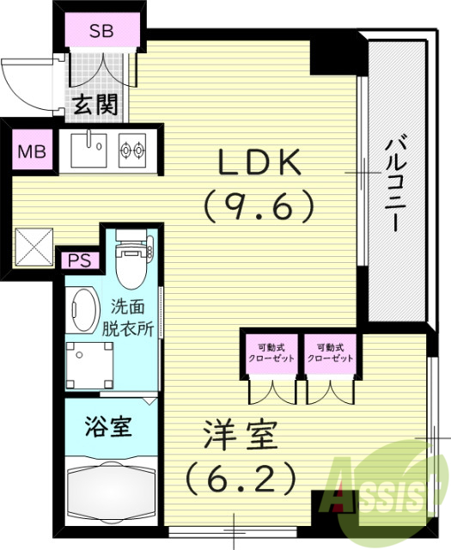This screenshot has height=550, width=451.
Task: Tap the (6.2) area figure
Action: [x=241, y=476]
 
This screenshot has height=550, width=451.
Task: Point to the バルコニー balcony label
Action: [x=396, y=184]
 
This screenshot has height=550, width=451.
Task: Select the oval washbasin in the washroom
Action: [x=82, y=309]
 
